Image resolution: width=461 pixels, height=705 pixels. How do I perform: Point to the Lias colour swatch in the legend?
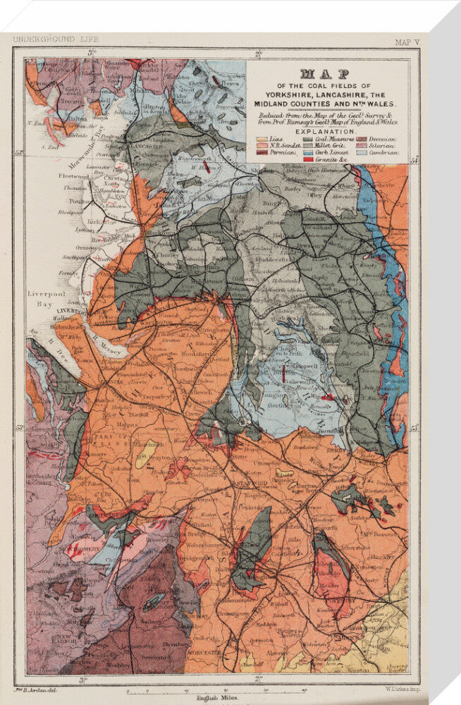pos(262,141)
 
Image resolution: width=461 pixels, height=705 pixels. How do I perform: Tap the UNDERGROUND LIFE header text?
pos(56,39)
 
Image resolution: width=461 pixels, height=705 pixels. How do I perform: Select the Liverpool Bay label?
pos(47,298)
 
